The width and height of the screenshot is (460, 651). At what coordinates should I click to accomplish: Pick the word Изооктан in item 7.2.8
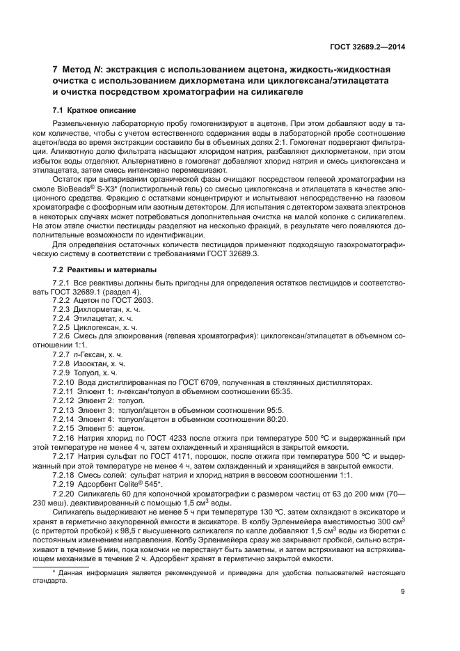pyautogui.click(x=93, y=363)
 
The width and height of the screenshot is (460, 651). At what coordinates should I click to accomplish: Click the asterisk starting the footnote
pyautogui.click(x=54, y=572)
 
